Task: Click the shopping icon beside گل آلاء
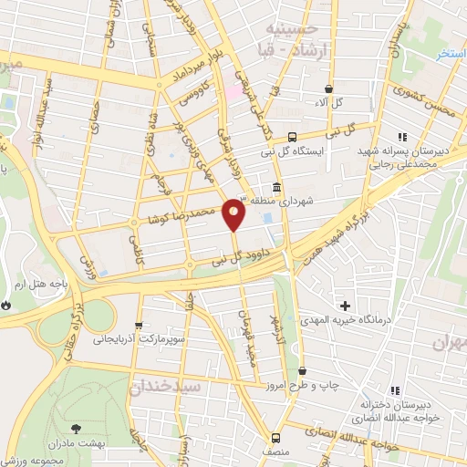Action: pyautogui.click(x=328, y=88)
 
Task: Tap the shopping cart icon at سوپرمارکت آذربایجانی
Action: pyautogui.click(x=138, y=325)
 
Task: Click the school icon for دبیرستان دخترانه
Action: pyautogui.click(x=395, y=390)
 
